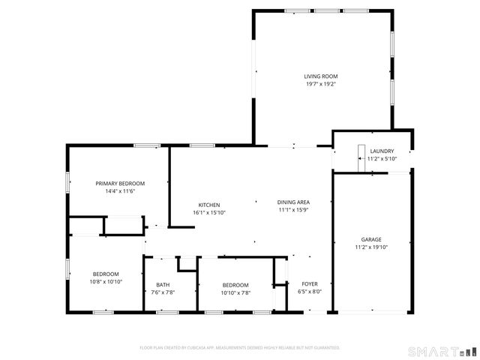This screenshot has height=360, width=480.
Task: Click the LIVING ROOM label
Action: tap(320, 76)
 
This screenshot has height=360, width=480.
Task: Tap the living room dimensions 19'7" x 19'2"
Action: tap(320, 84)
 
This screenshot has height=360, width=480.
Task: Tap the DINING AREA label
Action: tap(294, 202)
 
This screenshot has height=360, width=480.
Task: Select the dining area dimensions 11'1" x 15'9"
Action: tap(294, 210)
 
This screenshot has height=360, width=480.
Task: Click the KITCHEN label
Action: tap(208, 205)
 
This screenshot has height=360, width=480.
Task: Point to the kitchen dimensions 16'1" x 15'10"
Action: tap(208, 212)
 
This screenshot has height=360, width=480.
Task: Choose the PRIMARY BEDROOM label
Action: tap(120, 184)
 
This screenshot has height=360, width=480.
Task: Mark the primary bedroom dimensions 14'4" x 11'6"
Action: tap(120, 191)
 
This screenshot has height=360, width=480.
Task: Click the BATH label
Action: tap(163, 285)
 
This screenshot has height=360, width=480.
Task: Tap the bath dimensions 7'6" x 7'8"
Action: tap(163, 292)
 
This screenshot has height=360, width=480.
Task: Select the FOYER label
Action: tap(310, 285)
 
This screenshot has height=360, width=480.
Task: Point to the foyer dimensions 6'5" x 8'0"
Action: tap(310, 292)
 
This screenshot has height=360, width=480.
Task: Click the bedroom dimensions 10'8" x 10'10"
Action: tap(107, 282)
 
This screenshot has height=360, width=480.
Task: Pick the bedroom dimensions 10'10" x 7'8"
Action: tap(236, 292)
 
